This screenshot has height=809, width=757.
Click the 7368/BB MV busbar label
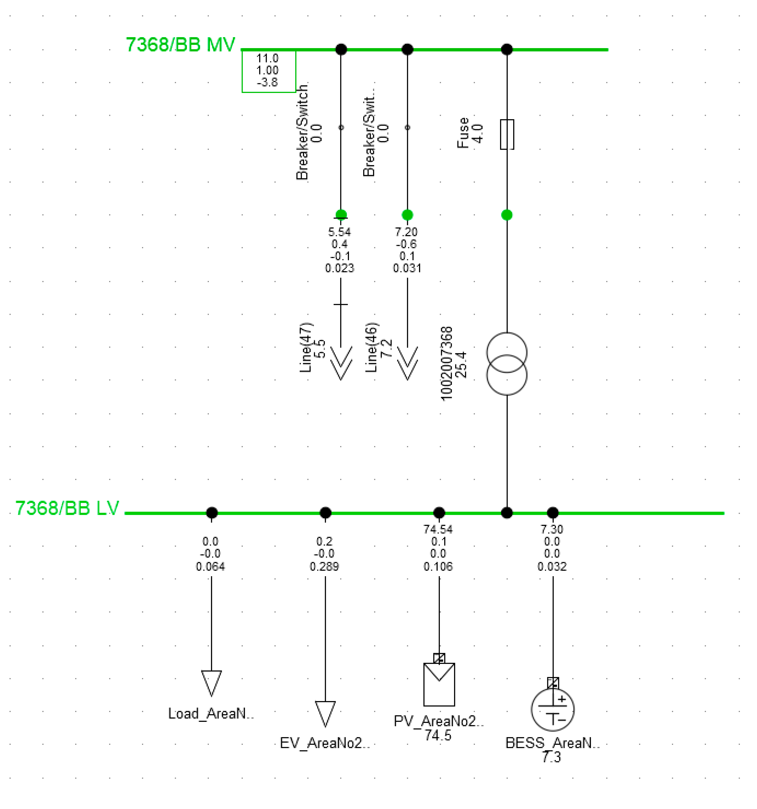pos(180,45)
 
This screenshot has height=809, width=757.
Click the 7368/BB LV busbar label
pos(67,508)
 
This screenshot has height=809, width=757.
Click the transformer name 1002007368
pos(446,363)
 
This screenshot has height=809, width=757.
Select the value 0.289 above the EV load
pos(324,566)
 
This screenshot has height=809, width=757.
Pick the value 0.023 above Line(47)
pos(339,268)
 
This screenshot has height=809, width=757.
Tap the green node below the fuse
pos(507,215)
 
